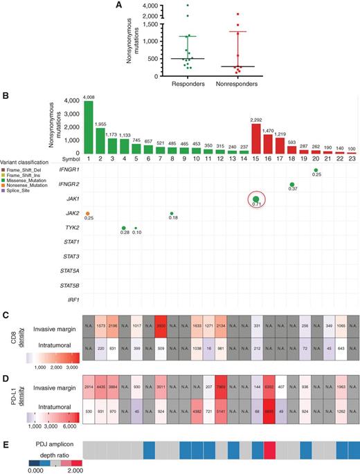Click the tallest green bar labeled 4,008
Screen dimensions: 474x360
(x=89, y=128)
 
